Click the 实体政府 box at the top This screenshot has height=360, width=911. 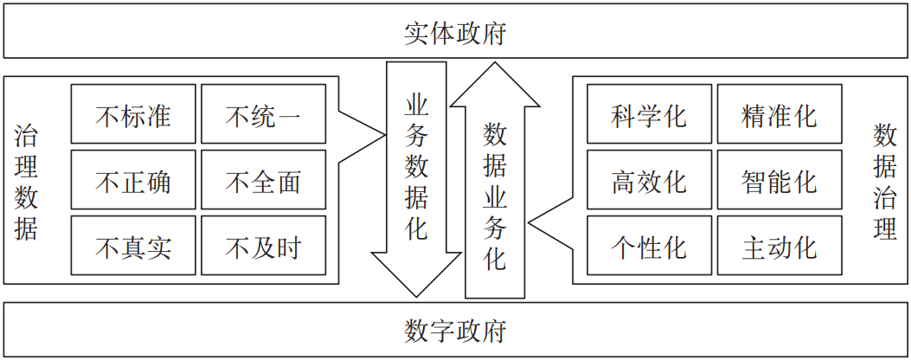click(455, 33)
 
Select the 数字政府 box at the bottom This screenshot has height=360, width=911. click(455, 330)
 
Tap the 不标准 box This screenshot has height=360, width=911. click(133, 115)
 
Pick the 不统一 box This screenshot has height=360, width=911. click(263, 115)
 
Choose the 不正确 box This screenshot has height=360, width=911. click(133, 181)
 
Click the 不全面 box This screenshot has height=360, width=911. click(263, 181)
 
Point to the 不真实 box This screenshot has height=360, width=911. click(133, 247)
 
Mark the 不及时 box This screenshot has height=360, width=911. click(263, 247)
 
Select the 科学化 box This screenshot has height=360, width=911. click(649, 115)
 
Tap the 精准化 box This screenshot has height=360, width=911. click(779, 115)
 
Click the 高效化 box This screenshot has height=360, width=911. click(649, 181)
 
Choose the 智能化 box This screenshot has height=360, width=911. click(779, 181)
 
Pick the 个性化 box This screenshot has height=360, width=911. click(649, 247)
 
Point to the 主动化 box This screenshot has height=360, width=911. click(779, 247)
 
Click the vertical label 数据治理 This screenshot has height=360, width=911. click(884, 181)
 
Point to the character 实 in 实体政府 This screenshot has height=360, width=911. click(416, 33)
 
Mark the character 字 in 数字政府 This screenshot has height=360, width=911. click(442, 330)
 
